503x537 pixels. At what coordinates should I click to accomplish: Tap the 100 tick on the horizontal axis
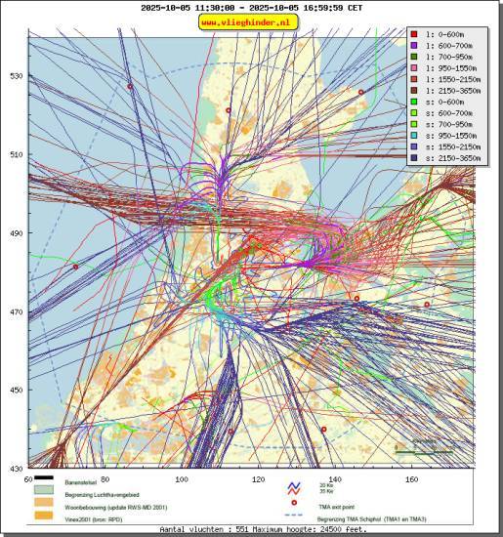[x=182, y=479]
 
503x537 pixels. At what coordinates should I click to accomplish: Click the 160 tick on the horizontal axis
[x=411, y=479]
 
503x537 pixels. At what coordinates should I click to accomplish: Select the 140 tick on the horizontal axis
[x=335, y=479]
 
